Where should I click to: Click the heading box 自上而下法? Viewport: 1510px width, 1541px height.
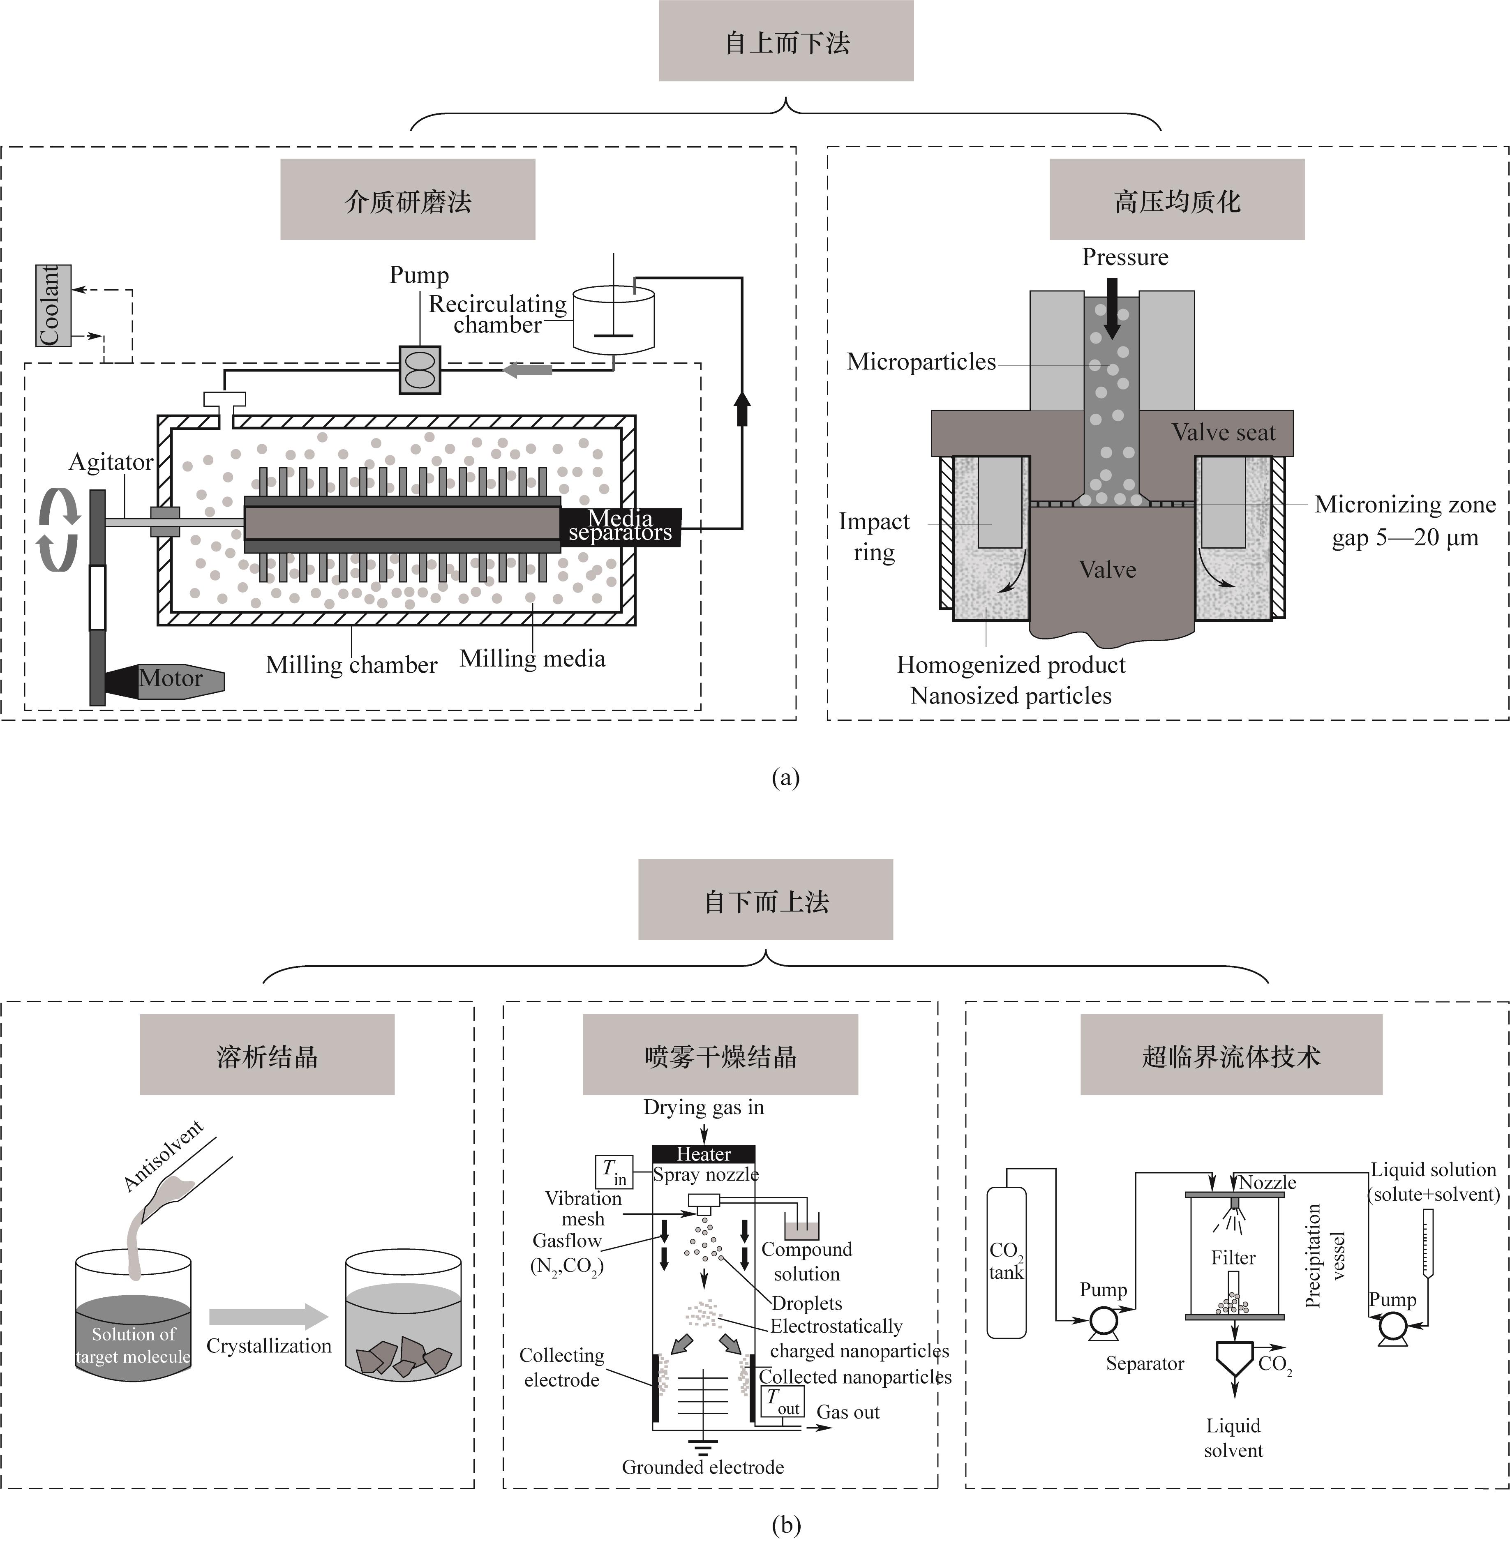coord(786,41)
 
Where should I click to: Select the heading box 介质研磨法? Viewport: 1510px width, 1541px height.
coord(408,200)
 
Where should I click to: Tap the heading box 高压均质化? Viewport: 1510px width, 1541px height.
coord(1177,200)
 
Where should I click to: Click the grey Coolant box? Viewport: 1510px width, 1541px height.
coord(53,305)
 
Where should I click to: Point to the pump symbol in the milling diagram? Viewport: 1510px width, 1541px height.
coord(420,369)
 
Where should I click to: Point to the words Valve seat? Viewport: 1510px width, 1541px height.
coord(1224,433)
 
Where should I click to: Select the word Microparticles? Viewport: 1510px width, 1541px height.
coord(921,362)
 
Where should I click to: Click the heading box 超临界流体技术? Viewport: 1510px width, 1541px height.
coord(1231,1056)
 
